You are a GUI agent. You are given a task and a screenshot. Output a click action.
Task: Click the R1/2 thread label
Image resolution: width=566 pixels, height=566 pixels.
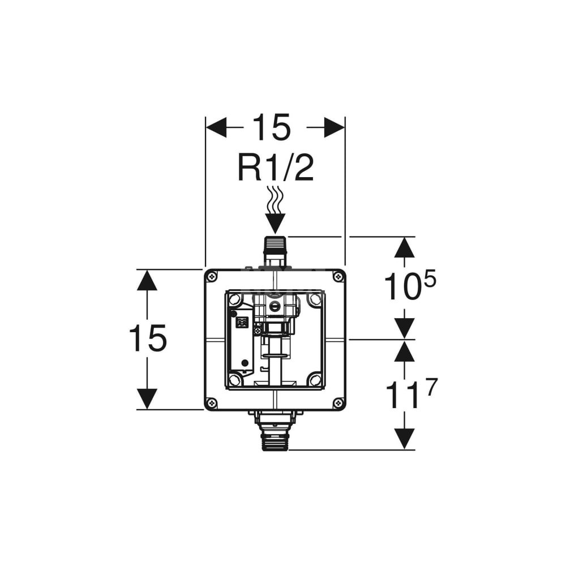pos(275,168)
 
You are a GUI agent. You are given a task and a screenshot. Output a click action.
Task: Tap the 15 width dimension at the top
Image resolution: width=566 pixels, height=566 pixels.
pos(271,127)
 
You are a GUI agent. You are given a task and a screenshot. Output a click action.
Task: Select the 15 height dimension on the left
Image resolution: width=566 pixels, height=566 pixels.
pos(148,338)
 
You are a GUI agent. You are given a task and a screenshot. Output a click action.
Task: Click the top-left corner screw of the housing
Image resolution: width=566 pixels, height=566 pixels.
pos(212,276)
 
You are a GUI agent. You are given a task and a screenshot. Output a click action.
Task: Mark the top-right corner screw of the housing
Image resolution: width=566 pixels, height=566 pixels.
pos(338,276)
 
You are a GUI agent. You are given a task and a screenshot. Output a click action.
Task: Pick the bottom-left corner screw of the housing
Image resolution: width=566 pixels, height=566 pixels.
pos(212,403)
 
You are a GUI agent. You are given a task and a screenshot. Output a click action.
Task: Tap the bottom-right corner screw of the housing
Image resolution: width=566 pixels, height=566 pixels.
pos(338,403)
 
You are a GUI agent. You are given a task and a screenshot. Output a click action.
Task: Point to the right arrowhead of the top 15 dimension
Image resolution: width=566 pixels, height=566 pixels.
pos(335,127)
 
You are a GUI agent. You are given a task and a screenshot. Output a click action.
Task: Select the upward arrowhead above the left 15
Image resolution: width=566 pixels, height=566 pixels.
pos(147,281)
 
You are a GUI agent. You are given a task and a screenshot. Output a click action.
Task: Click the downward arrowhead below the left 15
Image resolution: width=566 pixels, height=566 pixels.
pos(147,398)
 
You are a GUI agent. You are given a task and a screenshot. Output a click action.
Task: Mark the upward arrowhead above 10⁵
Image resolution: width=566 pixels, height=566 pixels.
pos(404,247)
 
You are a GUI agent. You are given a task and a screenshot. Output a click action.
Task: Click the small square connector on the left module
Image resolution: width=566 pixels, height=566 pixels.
pos(242,322)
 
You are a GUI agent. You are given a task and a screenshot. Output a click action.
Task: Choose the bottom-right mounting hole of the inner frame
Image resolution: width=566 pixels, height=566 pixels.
pos(315,379)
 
